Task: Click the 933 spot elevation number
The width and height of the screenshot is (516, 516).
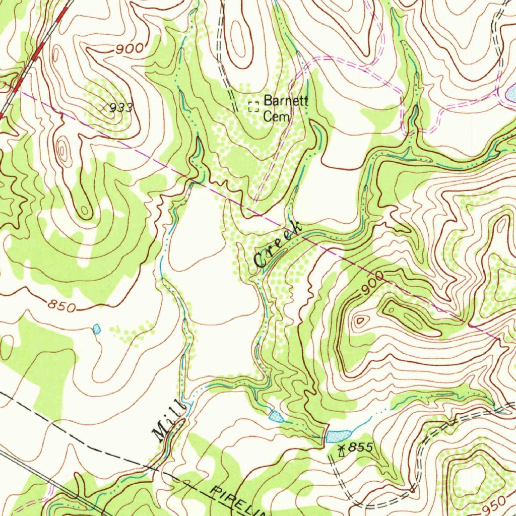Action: (121, 107)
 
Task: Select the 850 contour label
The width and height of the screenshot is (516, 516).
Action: (62, 305)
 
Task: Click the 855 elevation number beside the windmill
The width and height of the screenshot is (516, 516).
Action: (362, 447)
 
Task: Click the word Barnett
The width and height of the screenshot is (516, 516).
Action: (286, 100)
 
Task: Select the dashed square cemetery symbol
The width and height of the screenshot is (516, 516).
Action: (253, 106)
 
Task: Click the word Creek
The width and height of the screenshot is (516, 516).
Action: (278, 245)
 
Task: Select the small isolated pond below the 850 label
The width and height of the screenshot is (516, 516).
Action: (97, 330)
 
